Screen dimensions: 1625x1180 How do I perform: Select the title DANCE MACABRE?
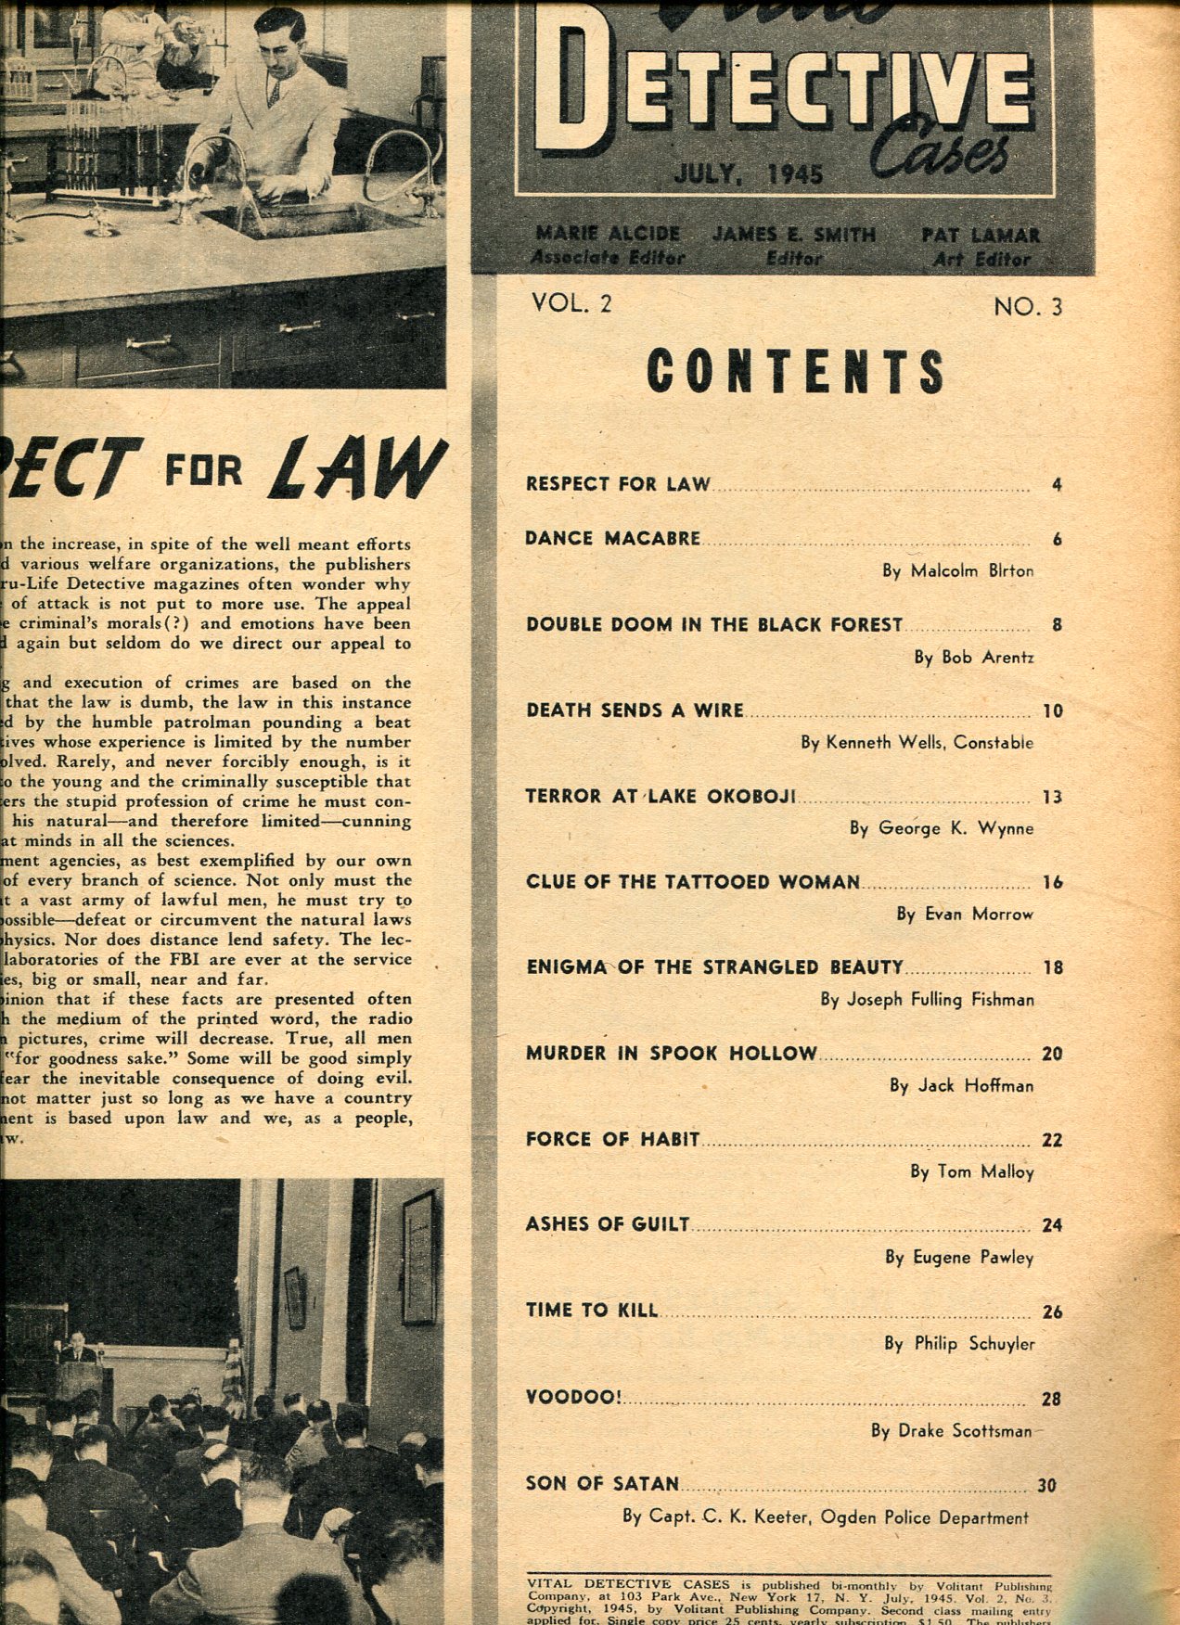click(612, 538)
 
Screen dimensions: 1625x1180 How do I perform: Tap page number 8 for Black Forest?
click(1057, 624)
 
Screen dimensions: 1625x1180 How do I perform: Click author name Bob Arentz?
click(974, 658)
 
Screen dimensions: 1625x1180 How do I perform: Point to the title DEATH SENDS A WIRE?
click(635, 710)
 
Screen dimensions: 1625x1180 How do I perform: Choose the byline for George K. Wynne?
click(942, 828)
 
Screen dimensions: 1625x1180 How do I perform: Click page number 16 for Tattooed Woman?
click(1051, 882)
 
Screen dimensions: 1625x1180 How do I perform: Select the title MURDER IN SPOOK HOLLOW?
click(672, 1053)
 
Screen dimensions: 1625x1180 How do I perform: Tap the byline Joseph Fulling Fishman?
click(927, 1000)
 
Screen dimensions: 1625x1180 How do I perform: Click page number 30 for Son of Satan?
click(1046, 1485)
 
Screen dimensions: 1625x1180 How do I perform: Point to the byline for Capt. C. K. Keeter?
click(826, 1518)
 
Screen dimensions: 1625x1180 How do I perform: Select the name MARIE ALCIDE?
click(607, 234)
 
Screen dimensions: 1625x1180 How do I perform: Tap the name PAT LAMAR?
click(981, 236)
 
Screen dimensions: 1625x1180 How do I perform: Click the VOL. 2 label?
click(571, 301)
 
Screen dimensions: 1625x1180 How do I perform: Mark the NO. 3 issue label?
click(1028, 306)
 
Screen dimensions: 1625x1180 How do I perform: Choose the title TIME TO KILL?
click(591, 1311)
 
